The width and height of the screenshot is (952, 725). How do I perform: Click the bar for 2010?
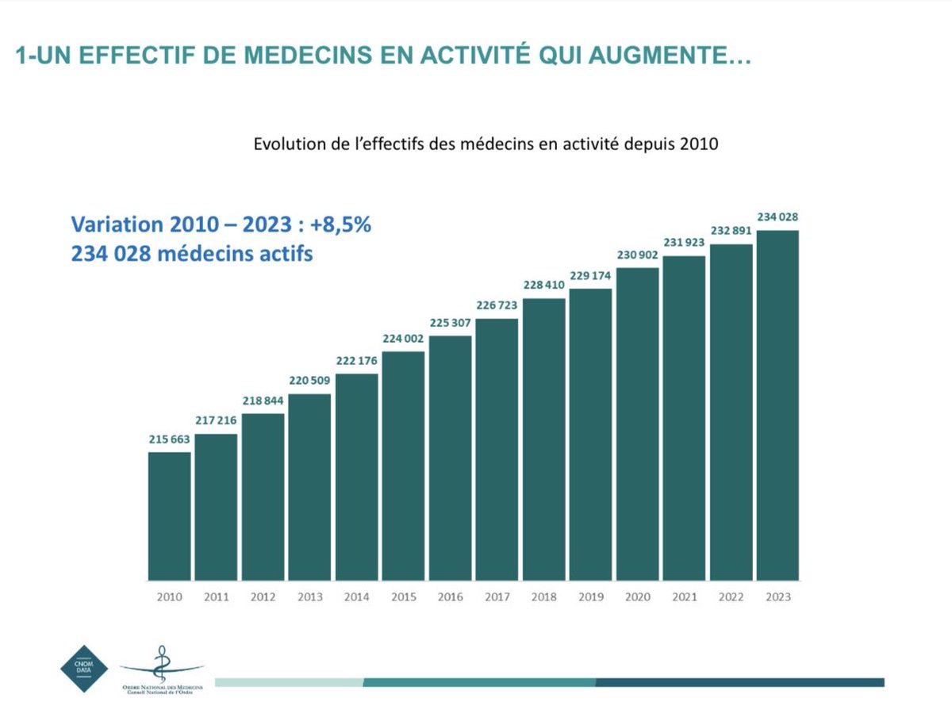point(169,516)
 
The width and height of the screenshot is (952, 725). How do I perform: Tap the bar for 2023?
point(777,405)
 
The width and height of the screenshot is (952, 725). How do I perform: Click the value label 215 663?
point(169,439)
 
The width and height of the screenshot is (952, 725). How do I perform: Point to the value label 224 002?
point(403,338)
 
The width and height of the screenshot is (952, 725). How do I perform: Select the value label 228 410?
point(543,285)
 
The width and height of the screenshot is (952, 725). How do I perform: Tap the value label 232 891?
point(731,231)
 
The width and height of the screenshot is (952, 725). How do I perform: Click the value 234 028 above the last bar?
point(777,217)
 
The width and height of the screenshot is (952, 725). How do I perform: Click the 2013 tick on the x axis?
point(309,597)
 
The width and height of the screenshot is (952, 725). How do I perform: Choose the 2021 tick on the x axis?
point(684,597)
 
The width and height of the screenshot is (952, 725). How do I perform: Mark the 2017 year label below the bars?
point(497,597)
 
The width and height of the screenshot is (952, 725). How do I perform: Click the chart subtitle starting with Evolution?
point(486,144)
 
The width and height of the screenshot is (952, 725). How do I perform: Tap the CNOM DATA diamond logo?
point(84,669)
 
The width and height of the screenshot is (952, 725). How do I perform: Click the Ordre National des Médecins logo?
point(163,671)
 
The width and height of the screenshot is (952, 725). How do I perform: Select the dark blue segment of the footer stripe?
point(739,682)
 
